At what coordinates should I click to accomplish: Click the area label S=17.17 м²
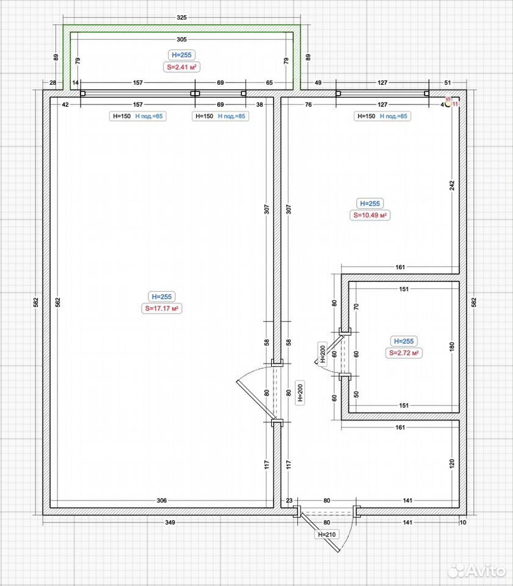click(161, 309)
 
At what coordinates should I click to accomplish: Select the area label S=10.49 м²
click(370, 215)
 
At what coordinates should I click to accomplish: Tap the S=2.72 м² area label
click(404, 353)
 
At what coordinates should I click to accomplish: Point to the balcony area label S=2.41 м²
click(181, 67)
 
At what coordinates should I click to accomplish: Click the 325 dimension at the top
click(181, 18)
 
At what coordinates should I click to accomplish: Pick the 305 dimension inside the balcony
click(181, 39)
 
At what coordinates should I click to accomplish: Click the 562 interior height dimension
click(57, 302)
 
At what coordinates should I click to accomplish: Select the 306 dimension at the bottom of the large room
click(161, 501)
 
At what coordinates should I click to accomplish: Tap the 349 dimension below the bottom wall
click(170, 522)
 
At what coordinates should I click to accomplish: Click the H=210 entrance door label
click(327, 535)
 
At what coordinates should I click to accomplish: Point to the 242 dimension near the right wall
click(452, 186)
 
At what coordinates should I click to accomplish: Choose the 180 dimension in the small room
click(452, 347)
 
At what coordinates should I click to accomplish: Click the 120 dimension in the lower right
click(452, 464)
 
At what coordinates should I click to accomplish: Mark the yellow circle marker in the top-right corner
click(448, 104)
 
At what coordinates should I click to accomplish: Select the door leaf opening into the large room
click(256, 400)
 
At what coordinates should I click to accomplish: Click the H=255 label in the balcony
click(181, 55)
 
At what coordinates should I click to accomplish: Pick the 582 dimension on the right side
click(474, 302)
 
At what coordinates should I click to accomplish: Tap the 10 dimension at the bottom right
click(463, 522)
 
